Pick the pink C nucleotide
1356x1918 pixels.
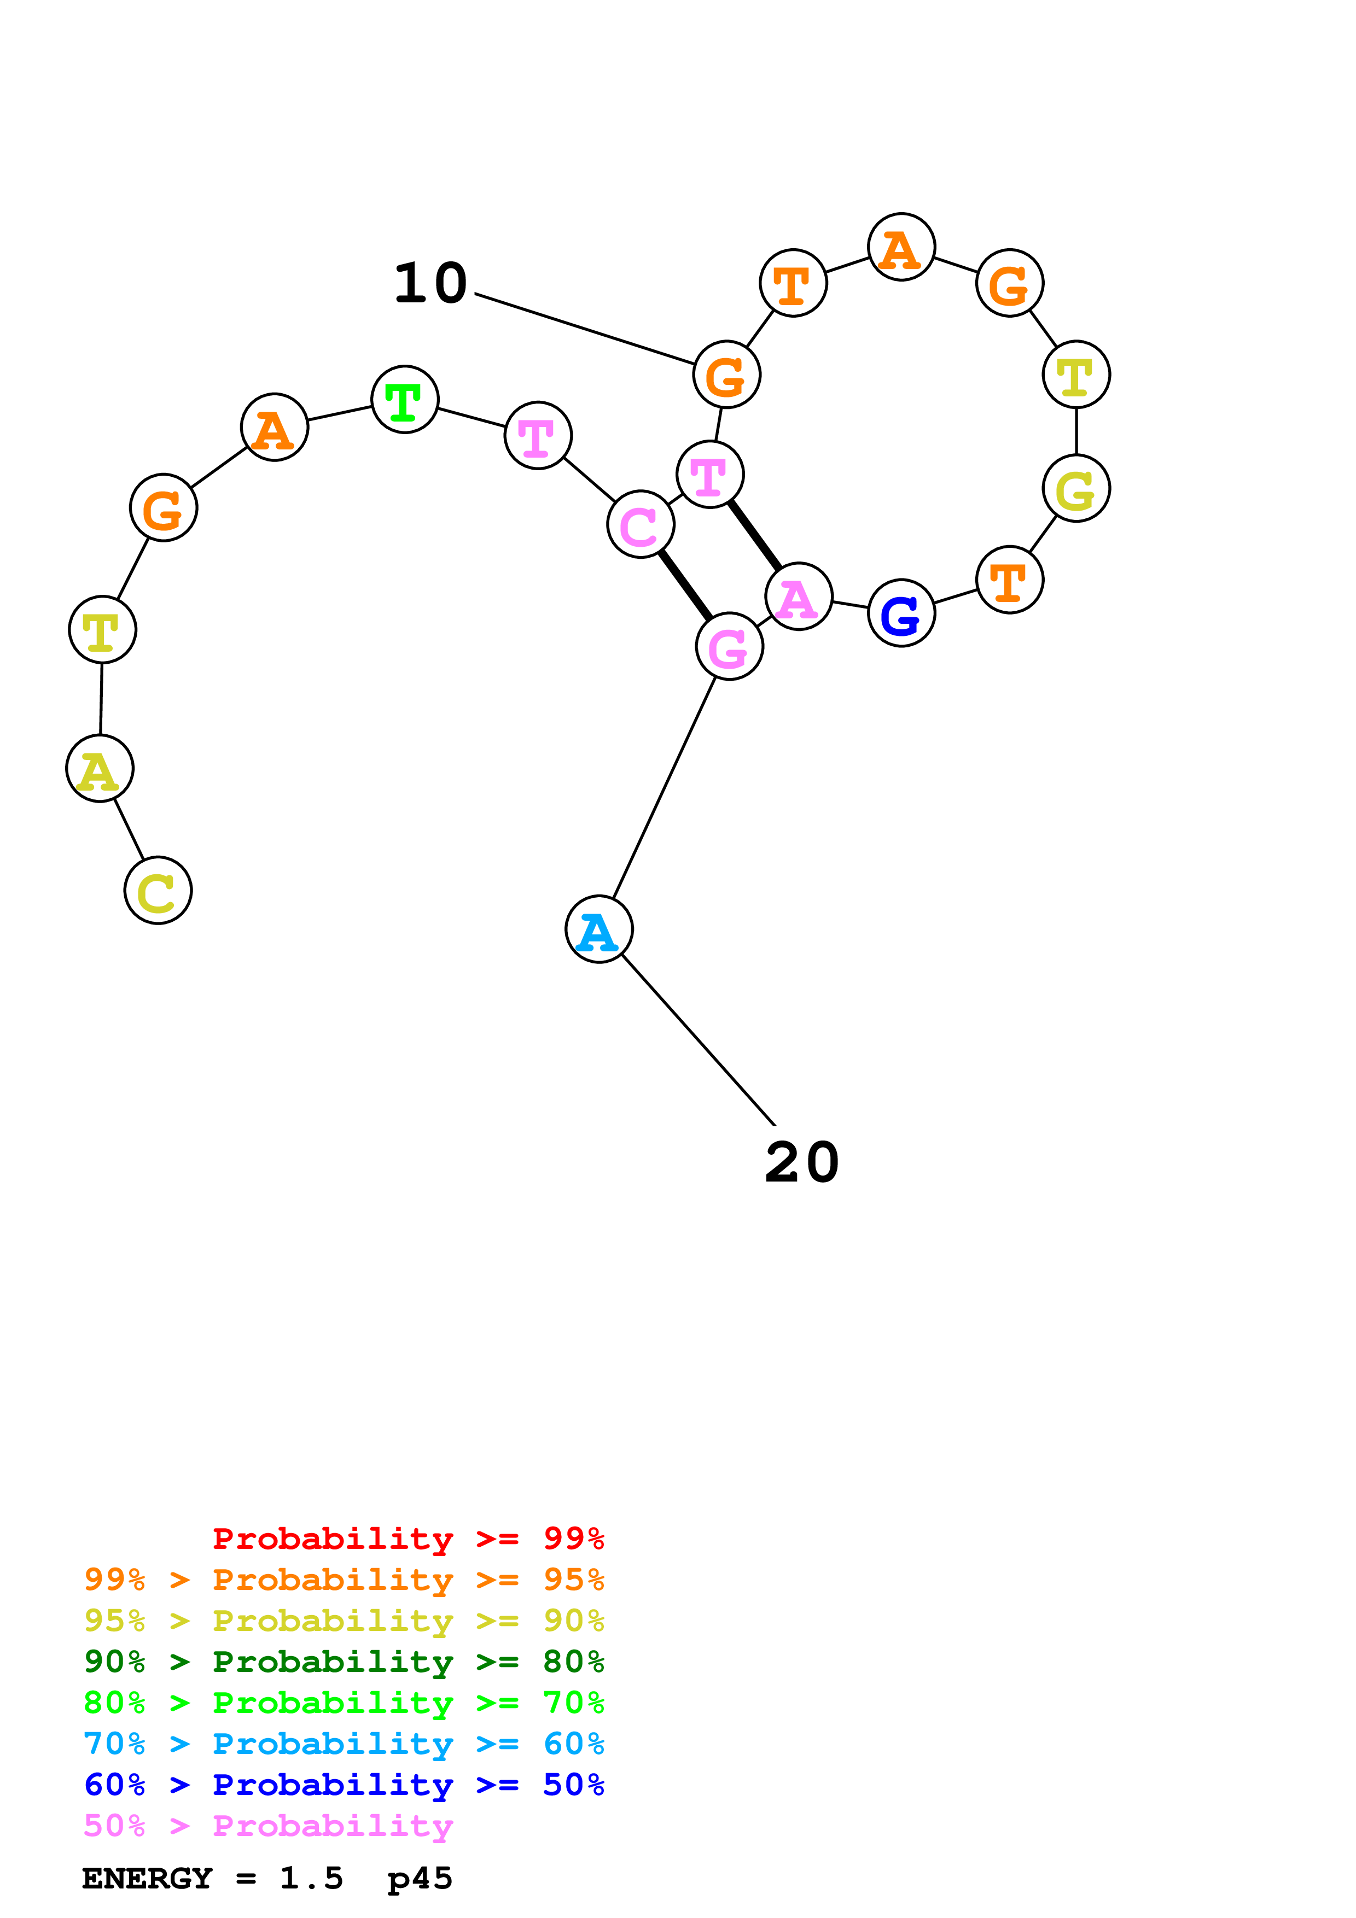tap(640, 525)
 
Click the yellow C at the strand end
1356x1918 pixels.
tap(158, 891)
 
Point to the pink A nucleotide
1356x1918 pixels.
tap(798, 597)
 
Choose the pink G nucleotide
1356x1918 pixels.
tap(729, 647)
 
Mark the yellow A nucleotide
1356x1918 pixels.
tap(100, 769)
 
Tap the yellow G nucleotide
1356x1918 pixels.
tap(1075, 489)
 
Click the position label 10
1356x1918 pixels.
tap(430, 283)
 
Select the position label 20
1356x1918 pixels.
tap(801, 1163)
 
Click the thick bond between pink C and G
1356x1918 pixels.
tap(685, 586)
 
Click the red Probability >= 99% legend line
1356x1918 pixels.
tap(408, 1539)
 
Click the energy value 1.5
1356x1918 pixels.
tap(311, 1879)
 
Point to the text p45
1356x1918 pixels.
tap(420, 1879)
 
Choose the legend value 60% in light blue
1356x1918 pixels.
tap(573, 1744)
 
